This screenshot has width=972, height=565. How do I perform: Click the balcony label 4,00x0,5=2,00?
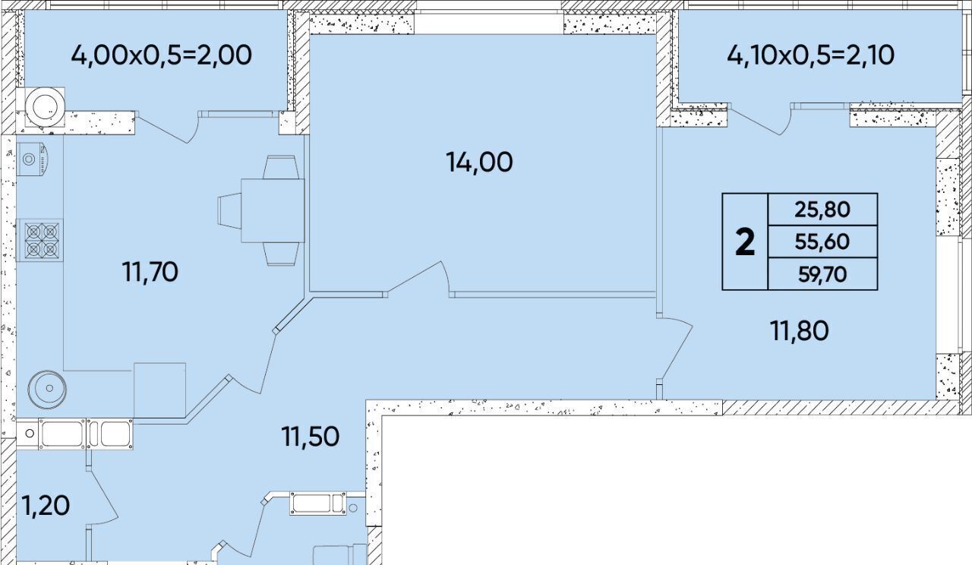[x=161, y=55]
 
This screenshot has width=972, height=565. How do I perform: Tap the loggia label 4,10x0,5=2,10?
[x=810, y=55]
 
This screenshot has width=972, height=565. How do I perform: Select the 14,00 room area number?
[x=479, y=163]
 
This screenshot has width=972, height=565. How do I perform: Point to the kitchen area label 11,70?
[x=150, y=272]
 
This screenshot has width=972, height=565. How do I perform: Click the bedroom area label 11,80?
[x=800, y=330]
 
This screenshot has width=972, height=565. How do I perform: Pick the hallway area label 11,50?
[x=311, y=436]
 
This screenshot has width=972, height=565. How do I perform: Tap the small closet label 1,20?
[x=46, y=506]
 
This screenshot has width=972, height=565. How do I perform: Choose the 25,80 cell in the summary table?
[x=822, y=210]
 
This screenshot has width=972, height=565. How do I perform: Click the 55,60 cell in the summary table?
[x=822, y=241]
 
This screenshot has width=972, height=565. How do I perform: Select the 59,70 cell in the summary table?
[x=822, y=274]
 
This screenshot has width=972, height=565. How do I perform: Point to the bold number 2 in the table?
[x=745, y=242]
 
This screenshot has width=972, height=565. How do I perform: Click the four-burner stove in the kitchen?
[x=40, y=240]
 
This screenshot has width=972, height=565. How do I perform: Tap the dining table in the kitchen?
[x=273, y=210]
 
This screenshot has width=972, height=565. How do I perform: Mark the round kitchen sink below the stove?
[x=47, y=389]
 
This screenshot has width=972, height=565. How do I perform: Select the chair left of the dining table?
[x=229, y=210]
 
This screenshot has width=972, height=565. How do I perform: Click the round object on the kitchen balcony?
[x=45, y=107]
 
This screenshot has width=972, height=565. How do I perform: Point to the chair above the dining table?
[x=281, y=167]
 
